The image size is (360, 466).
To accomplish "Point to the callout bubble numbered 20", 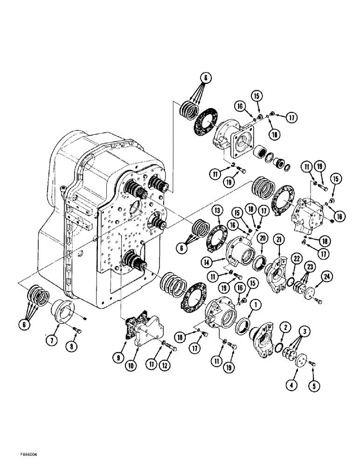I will coord(263,238).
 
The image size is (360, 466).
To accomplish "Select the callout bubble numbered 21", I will coord(280,240).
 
